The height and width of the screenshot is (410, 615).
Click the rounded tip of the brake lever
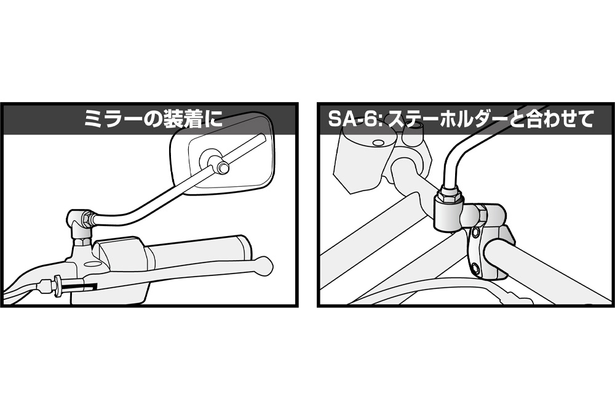coord(263,264)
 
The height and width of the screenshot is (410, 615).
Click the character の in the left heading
coord(153,119)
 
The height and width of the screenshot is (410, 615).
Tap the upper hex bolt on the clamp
coord(476,233)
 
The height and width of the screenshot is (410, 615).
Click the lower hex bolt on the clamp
coord(476,268)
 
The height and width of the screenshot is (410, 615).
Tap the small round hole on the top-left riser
coord(378,141)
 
